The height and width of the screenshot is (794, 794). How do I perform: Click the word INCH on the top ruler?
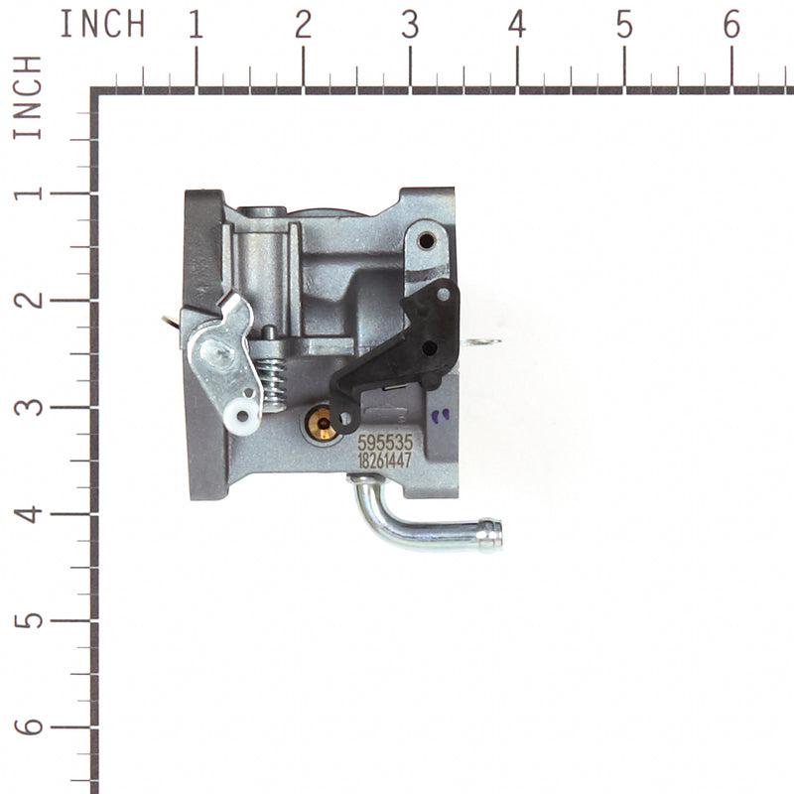101,23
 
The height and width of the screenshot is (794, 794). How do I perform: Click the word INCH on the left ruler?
27,98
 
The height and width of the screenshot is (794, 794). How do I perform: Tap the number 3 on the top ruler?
410,26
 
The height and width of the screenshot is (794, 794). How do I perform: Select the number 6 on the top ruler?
731,26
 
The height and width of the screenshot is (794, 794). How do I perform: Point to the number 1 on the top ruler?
196,26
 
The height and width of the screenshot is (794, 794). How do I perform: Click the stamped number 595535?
385,442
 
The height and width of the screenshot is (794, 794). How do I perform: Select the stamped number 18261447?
385,460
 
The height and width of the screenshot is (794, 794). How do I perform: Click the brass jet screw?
320,426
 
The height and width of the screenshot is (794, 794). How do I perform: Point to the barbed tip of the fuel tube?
489,535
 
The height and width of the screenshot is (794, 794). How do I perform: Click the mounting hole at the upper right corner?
426,240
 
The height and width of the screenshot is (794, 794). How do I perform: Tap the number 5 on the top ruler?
624,26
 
